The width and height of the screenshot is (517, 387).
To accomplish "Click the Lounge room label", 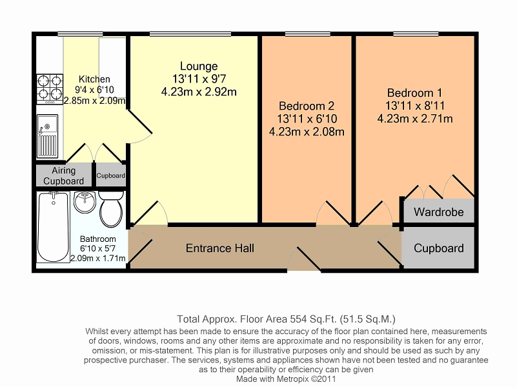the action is (x=199, y=66).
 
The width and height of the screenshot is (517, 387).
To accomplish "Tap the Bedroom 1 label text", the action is (x=414, y=93).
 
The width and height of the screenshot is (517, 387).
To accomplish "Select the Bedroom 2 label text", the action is (x=306, y=106).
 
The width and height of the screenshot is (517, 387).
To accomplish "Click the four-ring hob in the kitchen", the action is (x=50, y=89).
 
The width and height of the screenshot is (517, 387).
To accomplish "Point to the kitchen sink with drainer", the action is (x=48, y=136).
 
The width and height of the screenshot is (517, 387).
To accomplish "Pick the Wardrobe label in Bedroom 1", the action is (x=438, y=212).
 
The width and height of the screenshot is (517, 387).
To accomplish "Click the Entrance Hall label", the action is (x=219, y=248).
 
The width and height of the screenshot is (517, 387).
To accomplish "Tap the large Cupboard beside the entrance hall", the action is (x=438, y=248).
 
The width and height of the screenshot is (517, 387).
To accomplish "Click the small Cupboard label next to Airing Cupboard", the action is (x=110, y=175).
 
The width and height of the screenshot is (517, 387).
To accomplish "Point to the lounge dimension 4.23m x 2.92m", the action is (x=199, y=92).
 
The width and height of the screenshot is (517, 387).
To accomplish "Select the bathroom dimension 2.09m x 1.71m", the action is (x=97, y=259).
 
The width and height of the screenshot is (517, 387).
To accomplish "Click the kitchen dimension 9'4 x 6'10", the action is (x=94, y=90).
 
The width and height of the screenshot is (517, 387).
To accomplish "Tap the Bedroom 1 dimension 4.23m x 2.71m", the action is (x=414, y=119).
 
